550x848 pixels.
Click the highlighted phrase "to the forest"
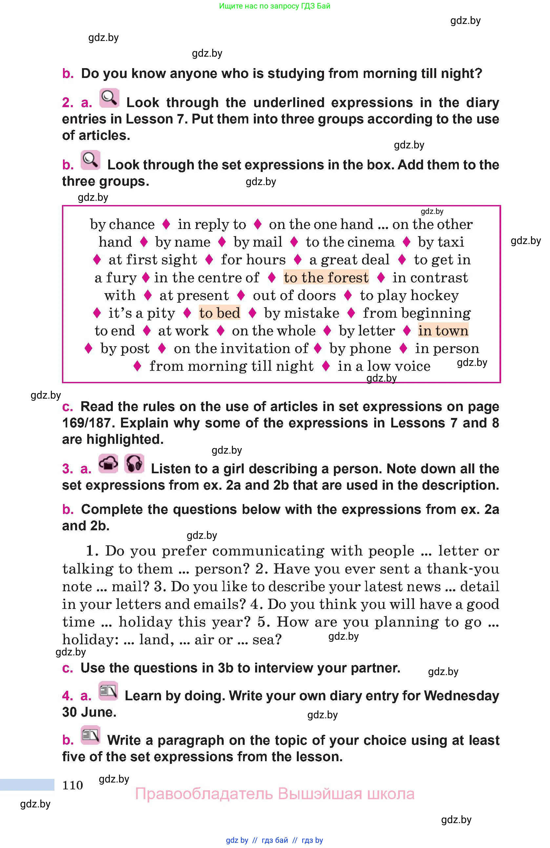(326, 277)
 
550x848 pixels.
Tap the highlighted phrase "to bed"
(219, 313)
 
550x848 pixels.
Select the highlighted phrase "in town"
(443, 330)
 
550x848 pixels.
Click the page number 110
(72, 785)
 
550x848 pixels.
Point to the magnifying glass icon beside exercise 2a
(109, 98)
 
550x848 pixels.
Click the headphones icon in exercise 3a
(134, 463)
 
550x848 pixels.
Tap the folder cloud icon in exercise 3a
(108, 463)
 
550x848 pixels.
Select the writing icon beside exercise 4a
(108, 691)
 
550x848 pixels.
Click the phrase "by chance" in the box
(122, 224)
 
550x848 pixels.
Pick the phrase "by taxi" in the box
(441, 242)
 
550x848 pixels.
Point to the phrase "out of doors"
(294, 295)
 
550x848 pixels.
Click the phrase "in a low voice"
(384, 366)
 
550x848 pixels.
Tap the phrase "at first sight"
(153, 260)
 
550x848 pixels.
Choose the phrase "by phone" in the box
(360, 349)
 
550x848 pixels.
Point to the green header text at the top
(275, 6)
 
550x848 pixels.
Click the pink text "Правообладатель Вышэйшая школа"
(275, 794)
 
